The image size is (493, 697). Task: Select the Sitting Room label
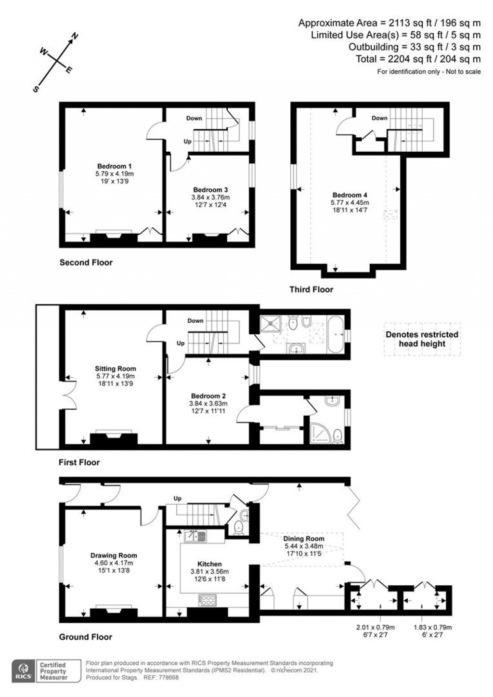115,369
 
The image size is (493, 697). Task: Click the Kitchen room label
210,564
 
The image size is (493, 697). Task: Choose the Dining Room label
303,539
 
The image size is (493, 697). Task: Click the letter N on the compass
75,37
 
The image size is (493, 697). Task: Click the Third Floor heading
311,289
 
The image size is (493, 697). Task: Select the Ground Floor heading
85,637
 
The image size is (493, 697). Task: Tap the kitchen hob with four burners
207,600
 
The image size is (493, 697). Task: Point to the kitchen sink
195,535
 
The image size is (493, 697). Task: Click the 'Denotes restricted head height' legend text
422,339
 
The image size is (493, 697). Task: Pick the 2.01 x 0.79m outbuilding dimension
375,628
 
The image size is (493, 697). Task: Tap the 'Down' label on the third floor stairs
379,118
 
